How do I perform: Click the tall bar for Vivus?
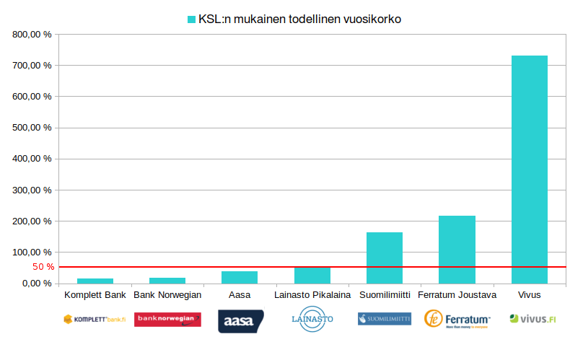point(529,170)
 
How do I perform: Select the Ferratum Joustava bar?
point(457,249)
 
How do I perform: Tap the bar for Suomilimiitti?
point(385,258)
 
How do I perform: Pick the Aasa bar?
point(240,277)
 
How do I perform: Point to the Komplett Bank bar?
point(95,281)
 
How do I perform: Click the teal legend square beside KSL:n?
point(192,19)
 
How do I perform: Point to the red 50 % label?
point(43,267)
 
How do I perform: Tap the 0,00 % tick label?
point(36,284)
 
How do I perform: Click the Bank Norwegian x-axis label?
point(167,294)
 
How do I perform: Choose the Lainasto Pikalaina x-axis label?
point(312,294)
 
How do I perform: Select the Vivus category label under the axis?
point(529,294)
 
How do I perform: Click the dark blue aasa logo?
point(241,321)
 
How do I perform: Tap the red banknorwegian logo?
point(167,319)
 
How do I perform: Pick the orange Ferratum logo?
point(457,318)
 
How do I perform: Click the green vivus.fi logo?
point(532,318)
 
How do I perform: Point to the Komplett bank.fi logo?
point(95,318)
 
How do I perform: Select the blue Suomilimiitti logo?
point(385,318)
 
